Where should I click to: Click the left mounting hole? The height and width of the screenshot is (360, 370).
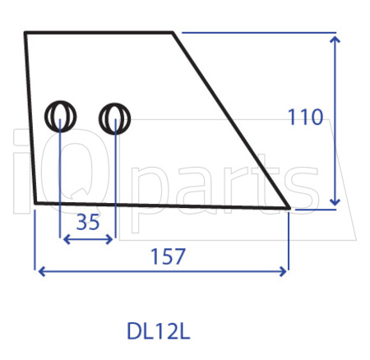tap(61, 117)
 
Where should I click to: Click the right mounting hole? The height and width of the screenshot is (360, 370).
tap(115, 119)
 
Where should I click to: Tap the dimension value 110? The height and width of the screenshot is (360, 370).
tap(305, 118)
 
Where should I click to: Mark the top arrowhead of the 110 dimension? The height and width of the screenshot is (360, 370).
tap(334, 38)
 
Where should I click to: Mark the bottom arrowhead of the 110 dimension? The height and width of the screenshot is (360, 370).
tap(334, 202)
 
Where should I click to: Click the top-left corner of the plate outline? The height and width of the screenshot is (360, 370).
tap(25, 33)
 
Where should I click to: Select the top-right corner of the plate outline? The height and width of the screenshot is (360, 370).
tap(173, 33)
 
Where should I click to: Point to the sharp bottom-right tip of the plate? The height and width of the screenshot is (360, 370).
tap(289, 207)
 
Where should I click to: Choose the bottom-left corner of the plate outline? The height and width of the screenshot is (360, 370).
tap(35, 202)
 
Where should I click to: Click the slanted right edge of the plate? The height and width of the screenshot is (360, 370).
tap(231, 120)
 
